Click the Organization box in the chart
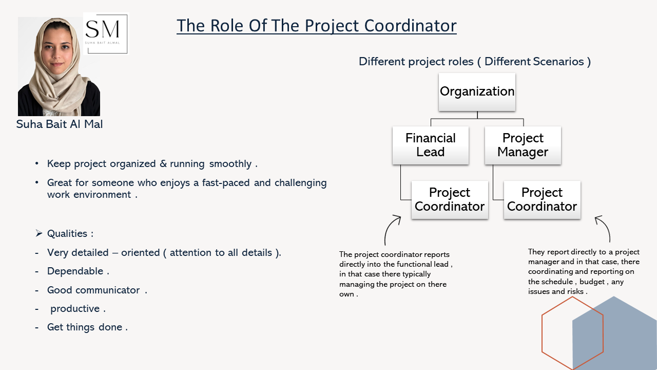tap(477, 91)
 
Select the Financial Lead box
tap(431, 145)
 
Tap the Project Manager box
tap(523, 145)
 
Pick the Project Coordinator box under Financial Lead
tap(450, 199)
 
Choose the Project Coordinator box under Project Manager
tap(542, 199)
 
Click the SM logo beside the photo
tap(105, 33)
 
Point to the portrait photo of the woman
tap(59, 66)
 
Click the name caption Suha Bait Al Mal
tap(60, 124)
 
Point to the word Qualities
tap(67, 234)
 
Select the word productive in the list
tap(75, 309)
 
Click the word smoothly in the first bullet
tap(230, 164)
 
